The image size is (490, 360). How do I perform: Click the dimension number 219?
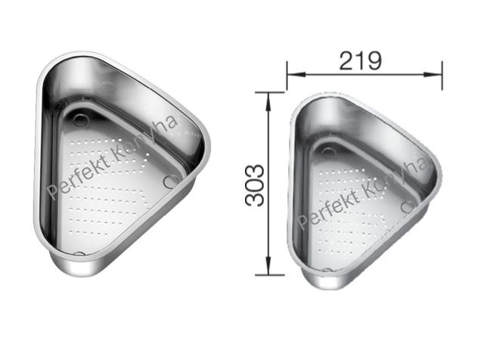click(360, 61)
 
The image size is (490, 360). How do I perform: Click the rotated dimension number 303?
click(254, 185)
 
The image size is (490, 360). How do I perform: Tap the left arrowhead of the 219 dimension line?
click(296, 74)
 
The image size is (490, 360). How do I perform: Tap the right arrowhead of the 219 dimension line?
click(433, 74)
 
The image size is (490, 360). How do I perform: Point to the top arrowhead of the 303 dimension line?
click(268, 102)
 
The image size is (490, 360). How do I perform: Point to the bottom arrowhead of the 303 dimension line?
click(268, 265)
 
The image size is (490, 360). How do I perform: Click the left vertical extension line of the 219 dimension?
click(287, 76)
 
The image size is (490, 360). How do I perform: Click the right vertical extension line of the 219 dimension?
click(442, 76)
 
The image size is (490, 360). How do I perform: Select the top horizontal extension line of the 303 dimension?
click(270, 92)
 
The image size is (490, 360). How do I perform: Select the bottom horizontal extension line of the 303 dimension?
click(270, 275)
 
